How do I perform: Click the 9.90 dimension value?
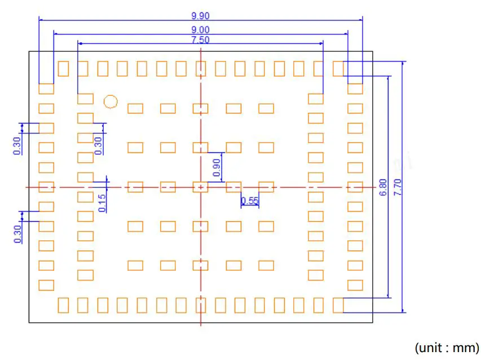[x=201, y=16]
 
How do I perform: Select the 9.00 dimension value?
[x=201, y=29]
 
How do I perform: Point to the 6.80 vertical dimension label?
[x=383, y=187]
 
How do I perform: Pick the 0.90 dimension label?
[x=217, y=167]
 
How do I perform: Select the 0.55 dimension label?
[x=249, y=200]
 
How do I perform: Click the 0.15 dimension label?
[x=102, y=202]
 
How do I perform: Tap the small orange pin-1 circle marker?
[x=111, y=102]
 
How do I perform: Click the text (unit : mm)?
[x=447, y=347]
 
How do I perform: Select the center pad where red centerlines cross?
[x=200, y=187]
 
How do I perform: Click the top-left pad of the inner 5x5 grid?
[x=135, y=108]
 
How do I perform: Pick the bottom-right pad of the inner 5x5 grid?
[x=266, y=265]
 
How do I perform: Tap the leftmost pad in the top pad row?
[x=63, y=69]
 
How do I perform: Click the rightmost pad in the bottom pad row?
[x=338, y=305]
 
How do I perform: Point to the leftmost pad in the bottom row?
[x=63, y=305]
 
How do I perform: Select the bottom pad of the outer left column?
[x=46, y=285]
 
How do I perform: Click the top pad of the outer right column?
[x=355, y=89]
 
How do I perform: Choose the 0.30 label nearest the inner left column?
[x=98, y=145]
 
